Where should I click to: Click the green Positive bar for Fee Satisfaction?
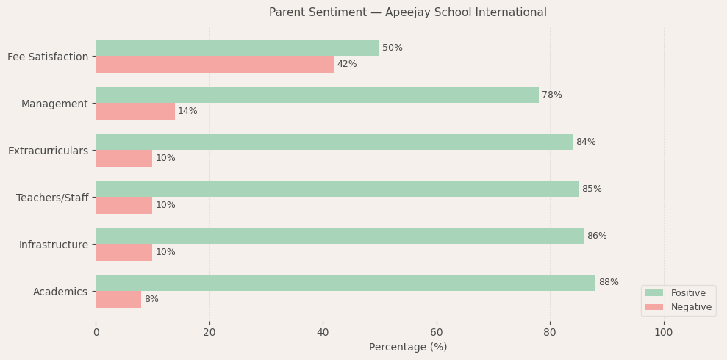[x=237, y=48]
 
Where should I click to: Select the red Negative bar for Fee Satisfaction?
[x=215, y=64]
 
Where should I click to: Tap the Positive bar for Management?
[x=317, y=95]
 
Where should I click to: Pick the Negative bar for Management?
[x=135, y=111]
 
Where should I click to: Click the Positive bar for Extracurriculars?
[x=334, y=142]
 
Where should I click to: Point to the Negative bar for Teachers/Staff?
[x=123, y=205]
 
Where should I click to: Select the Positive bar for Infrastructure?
[x=340, y=236]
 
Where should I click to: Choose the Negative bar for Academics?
[x=118, y=299]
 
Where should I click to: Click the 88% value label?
[x=609, y=283]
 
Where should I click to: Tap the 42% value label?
[x=347, y=64]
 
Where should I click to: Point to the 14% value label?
[x=187, y=111]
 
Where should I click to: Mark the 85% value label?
[x=592, y=189]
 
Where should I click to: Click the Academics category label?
[x=60, y=292]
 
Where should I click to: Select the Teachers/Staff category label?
[x=52, y=198]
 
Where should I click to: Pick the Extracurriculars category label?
[x=48, y=151]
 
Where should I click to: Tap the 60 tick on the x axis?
[x=437, y=332]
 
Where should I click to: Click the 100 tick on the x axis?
[x=664, y=332]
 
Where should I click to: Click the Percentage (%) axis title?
[x=408, y=347]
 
